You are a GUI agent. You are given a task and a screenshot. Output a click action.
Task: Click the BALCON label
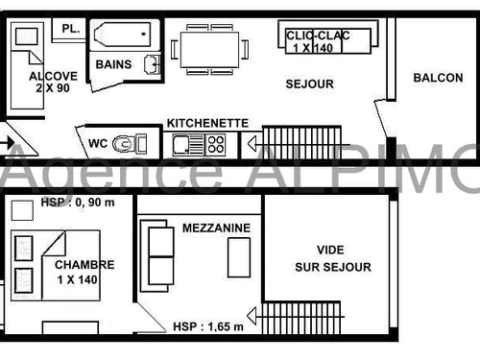pos(437,78)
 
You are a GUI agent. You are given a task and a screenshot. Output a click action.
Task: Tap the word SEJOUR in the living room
pos(310,84)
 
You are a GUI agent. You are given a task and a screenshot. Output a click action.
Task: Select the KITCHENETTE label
pos(208,124)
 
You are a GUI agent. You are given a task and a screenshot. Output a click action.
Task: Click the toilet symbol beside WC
pos(124,144)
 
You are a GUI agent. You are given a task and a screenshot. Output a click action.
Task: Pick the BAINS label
pos(114,64)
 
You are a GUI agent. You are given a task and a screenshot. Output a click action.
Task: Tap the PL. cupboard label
pos(70,29)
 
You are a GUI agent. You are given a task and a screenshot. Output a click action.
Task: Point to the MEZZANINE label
pos(217,228)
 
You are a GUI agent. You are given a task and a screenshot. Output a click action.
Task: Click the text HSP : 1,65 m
pos(208,325)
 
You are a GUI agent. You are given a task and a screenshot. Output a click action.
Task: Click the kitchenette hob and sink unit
pos(199,145)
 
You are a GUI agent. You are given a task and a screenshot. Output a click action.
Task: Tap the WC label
pos(98,143)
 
